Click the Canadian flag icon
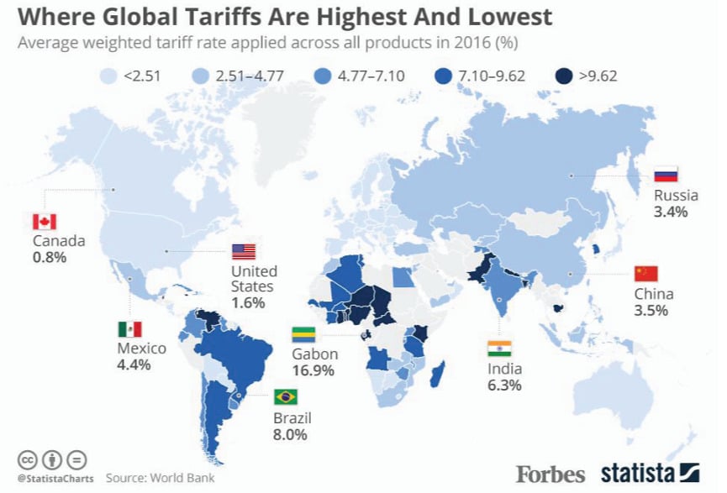point(44,222)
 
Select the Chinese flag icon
point(645,273)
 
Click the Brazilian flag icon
point(286,396)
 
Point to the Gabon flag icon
point(303,333)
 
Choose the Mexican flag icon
point(129,328)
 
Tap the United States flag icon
point(243,251)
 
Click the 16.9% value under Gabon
point(313,370)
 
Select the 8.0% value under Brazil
point(290,435)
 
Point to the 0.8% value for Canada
point(50,258)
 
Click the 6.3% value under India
point(504,385)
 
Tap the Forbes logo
point(551,473)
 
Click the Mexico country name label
point(141,348)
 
